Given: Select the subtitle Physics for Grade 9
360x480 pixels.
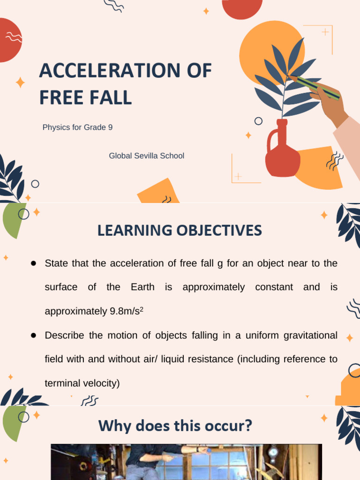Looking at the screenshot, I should [77, 127].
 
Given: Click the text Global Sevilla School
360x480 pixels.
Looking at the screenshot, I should [147, 156].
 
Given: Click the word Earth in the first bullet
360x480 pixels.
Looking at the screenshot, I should [142, 287].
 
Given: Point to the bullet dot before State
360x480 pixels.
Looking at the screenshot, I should [34, 263].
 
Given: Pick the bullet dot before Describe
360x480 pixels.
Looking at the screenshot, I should [34, 335].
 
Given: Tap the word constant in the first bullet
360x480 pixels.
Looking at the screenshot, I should [273, 287].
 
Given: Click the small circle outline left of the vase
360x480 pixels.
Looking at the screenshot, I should [258, 121].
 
